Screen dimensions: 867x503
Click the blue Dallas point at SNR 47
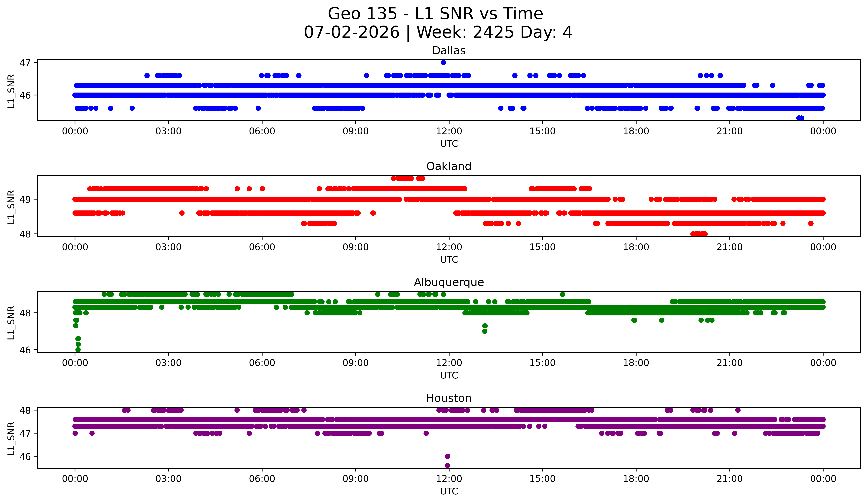coord(444,63)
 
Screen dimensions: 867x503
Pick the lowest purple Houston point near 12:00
coord(447,466)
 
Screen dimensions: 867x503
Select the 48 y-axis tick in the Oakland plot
coord(25,234)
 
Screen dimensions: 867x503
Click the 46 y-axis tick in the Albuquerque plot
coord(25,350)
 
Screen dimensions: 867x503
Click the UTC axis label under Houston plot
coord(449,491)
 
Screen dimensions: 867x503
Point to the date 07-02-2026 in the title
coord(352,32)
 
